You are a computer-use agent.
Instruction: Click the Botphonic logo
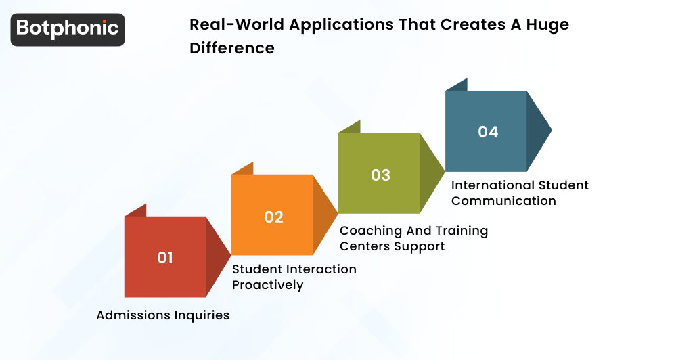pos(68,29)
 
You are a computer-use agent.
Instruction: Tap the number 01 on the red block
pos(165,258)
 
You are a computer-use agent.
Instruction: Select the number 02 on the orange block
pos(273,217)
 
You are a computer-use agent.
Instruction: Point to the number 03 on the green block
pos(380,175)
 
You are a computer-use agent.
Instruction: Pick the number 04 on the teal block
pos(488,132)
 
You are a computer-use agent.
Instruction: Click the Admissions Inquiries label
pos(162,315)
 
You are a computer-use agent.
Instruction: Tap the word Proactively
pos(267,285)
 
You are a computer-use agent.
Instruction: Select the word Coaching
pos(369,231)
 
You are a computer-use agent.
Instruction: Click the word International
pos(492,185)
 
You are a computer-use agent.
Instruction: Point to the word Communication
pos(503,201)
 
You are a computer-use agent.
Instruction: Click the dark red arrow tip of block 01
pos(217,257)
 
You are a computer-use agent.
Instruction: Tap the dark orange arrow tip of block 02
pos(324,215)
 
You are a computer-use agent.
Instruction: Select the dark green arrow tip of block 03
pos(431,173)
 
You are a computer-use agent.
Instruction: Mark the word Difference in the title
pos(232,48)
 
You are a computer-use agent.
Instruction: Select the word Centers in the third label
pos(364,246)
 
